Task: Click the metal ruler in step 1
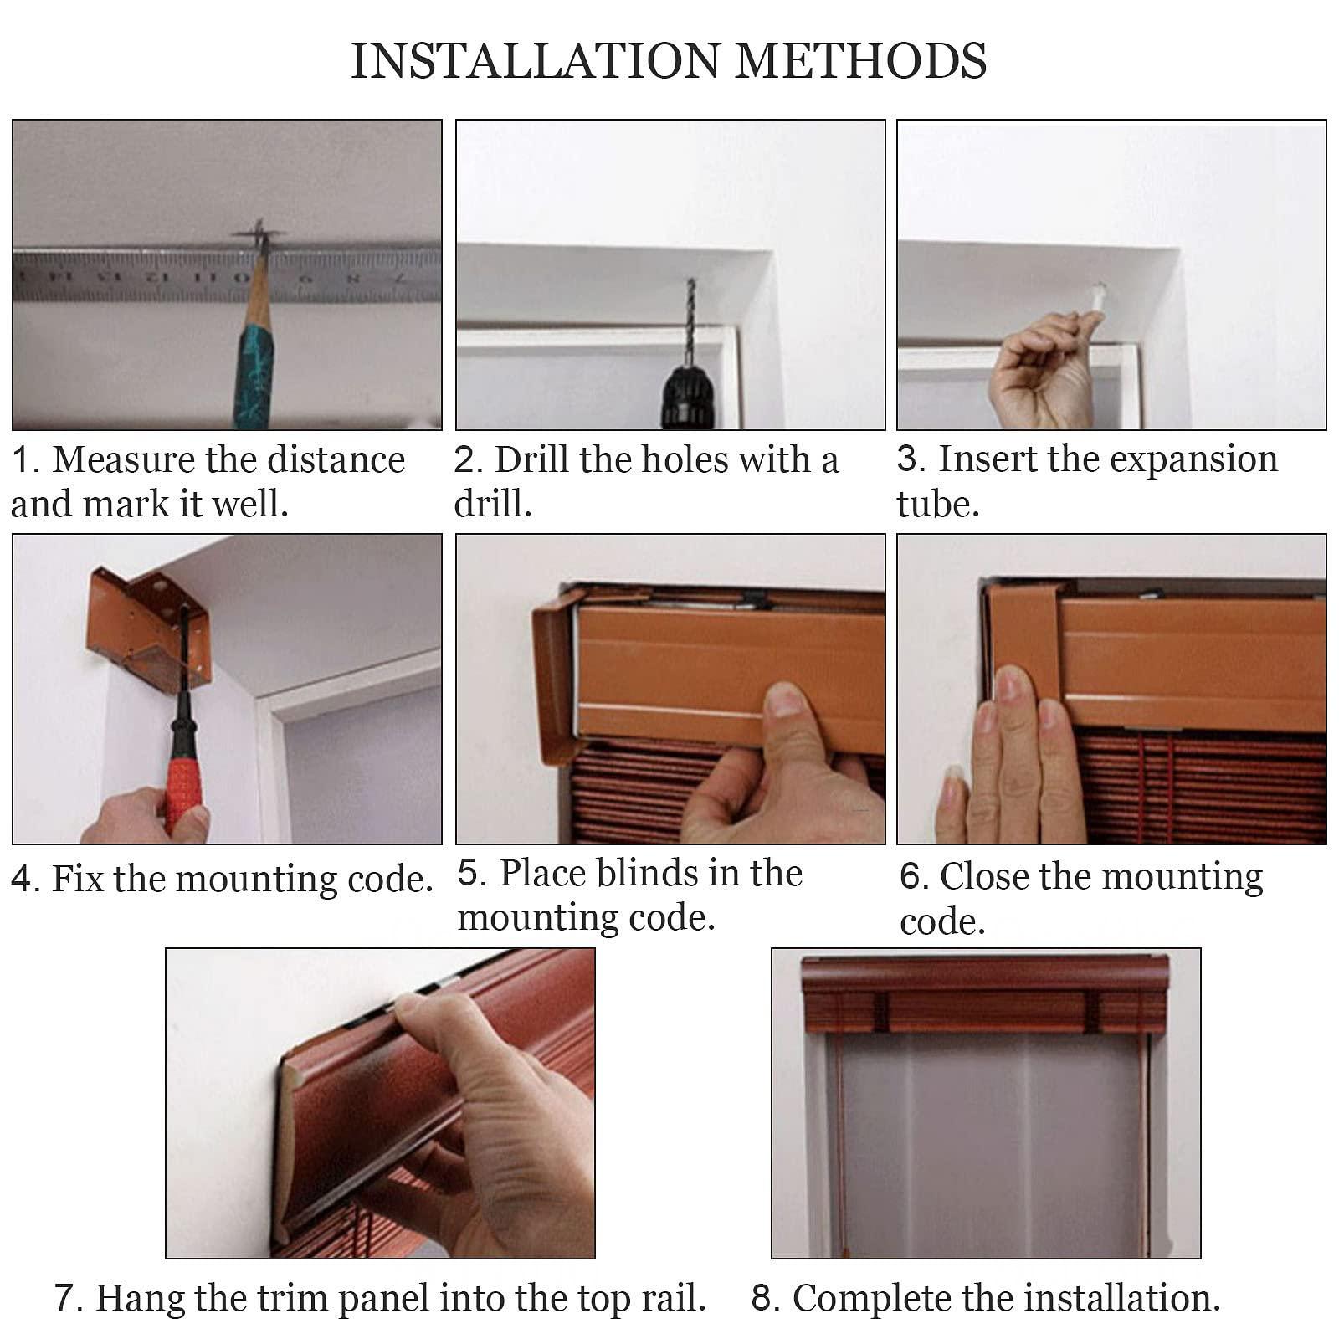[x=227, y=274]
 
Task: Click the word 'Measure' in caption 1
[x=124, y=459]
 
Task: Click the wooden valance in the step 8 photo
[x=984, y=994]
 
